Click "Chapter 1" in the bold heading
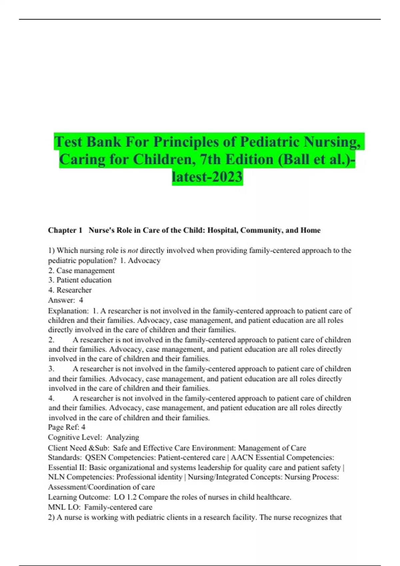[x=65, y=230]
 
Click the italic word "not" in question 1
[x=133, y=250]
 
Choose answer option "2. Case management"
[x=81, y=270]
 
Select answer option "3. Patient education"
[x=80, y=280]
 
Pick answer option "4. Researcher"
[x=70, y=290]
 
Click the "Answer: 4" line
[x=66, y=300]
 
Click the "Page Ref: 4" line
[x=67, y=427]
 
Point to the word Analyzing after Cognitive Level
[x=123, y=437]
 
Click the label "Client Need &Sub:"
[x=79, y=448]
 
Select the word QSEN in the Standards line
[x=96, y=457]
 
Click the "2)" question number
[x=51, y=517]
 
